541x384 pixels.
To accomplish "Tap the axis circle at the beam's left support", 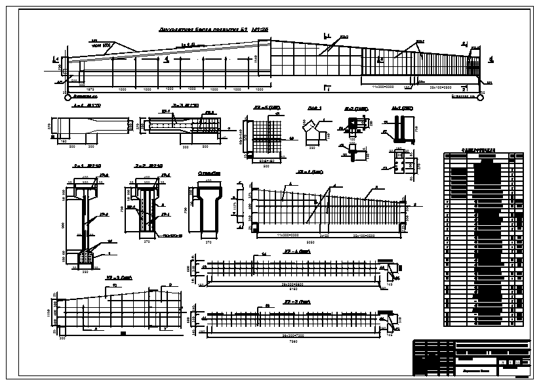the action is click(66, 96).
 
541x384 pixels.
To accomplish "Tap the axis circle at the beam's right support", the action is click(480, 96).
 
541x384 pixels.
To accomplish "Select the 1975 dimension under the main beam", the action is click(91, 87).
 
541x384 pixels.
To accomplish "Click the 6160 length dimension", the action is click(293, 289).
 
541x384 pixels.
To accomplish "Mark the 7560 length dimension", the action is click(293, 341).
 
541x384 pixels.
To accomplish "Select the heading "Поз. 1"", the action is click(315, 108).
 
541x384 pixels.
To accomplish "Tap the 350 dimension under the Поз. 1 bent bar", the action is click(312, 148).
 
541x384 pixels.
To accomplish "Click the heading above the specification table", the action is click(482, 150).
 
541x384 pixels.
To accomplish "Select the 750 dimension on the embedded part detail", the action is click(414, 127).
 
